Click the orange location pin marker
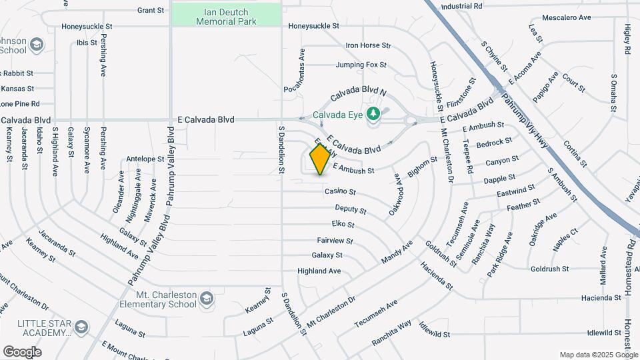click(x=320, y=159)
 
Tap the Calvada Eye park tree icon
click(x=373, y=113)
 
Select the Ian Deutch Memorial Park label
click(x=227, y=17)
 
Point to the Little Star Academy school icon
click(x=81, y=327)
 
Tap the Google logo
click(x=22, y=351)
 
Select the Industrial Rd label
click(x=461, y=6)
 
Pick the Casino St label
click(x=340, y=192)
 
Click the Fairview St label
click(x=335, y=241)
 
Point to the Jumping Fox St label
click(x=361, y=65)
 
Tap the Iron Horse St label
click(x=367, y=45)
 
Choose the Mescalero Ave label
click(x=567, y=17)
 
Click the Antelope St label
click(x=145, y=159)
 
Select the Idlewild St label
click(x=586, y=332)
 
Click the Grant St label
click(x=150, y=10)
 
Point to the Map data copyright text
click(x=598, y=355)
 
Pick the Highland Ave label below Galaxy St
click(x=319, y=271)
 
